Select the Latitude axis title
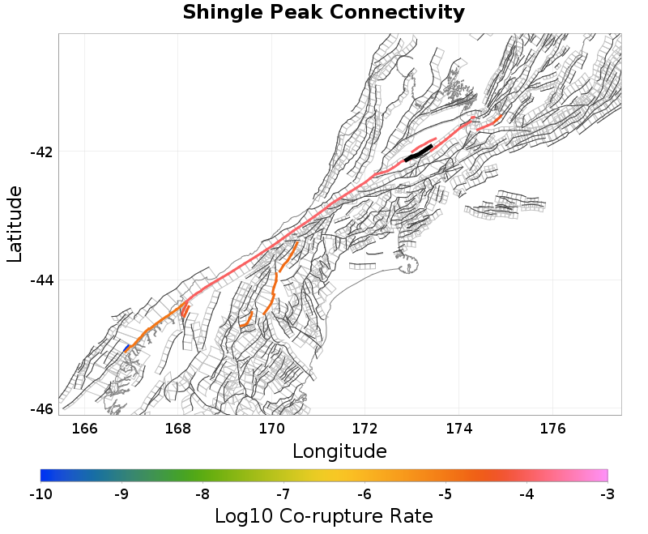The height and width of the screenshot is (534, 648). [15, 224]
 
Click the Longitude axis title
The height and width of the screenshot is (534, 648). [339, 451]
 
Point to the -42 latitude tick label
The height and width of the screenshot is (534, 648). [41, 152]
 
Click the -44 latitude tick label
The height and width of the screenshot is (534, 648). [41, 280]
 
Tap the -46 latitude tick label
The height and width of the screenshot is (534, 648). [41, 408]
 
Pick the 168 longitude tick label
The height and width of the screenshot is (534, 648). [178, 429]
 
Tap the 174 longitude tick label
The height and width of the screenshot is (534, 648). [458, 429]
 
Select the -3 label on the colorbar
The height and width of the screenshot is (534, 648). [607, 493]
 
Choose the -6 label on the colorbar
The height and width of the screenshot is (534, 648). [364, 493]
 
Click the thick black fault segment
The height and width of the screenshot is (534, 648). [419, 153]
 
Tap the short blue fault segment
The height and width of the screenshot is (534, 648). [126, 348]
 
